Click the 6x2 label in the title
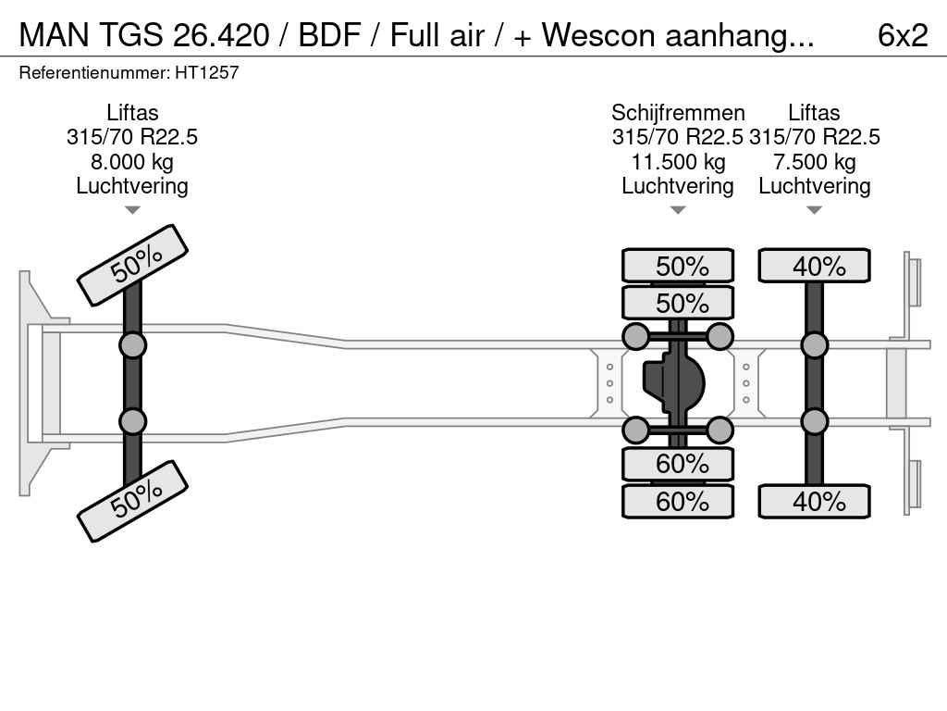pos(902,35)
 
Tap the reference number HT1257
pos(207,72)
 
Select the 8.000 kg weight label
pos(132,162)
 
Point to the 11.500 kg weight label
pos(678,162)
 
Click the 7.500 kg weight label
pos(814,162)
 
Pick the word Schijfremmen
pos(678,113)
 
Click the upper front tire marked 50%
pos(132,265)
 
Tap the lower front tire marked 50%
pos(132,501)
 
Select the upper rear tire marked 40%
pos(814,266)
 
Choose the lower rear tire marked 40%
pos(814,502)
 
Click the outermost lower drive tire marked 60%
pos(678,502)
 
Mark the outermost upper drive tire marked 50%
pos(678,266)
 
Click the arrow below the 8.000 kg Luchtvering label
pos(132,210)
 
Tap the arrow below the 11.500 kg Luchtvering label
pos(678,210)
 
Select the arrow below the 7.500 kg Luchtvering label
pos(814,210)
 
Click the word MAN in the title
pos(48,35)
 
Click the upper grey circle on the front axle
pos(132,345)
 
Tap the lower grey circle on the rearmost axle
pos(814,421)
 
